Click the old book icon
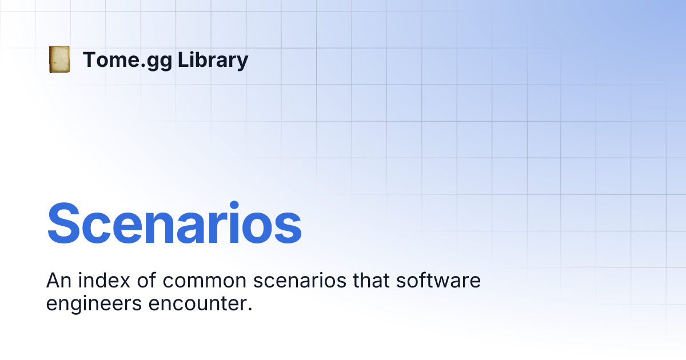pos(59,59)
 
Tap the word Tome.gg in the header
pos(127,60)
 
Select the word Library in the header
pos(213,60)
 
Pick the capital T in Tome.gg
pos(89,60)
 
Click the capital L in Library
pos(182,60)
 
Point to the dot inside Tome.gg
pos(143,66)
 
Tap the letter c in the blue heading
pos(103,229)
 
